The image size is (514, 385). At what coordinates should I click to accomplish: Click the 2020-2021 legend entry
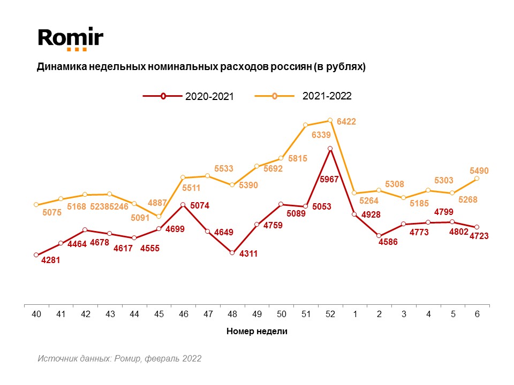coord(209,97)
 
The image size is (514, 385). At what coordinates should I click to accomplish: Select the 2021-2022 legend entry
coord(327,96)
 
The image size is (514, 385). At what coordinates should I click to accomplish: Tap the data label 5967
coord(329,180)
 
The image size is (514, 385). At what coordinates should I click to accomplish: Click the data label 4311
coord(248,254)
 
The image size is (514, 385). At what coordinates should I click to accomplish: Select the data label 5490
coord(479,171)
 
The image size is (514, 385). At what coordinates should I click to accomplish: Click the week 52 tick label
coord(330,314)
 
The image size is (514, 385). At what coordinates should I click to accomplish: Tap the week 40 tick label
coord(36,314)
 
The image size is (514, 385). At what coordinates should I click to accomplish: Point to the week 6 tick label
coord(477,314)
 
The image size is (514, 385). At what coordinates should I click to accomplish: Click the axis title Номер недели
coord(257,332)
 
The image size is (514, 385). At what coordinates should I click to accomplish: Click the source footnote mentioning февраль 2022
coord(119,358)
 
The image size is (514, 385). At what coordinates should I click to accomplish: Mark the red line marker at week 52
coord(330,149)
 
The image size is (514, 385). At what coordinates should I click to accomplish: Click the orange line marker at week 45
coord(158,216)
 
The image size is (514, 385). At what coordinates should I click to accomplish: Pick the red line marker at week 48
coord(232,252)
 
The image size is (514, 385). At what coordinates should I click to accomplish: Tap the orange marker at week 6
coord(477,179)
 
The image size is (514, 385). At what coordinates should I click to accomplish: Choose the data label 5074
coord(200,205)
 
